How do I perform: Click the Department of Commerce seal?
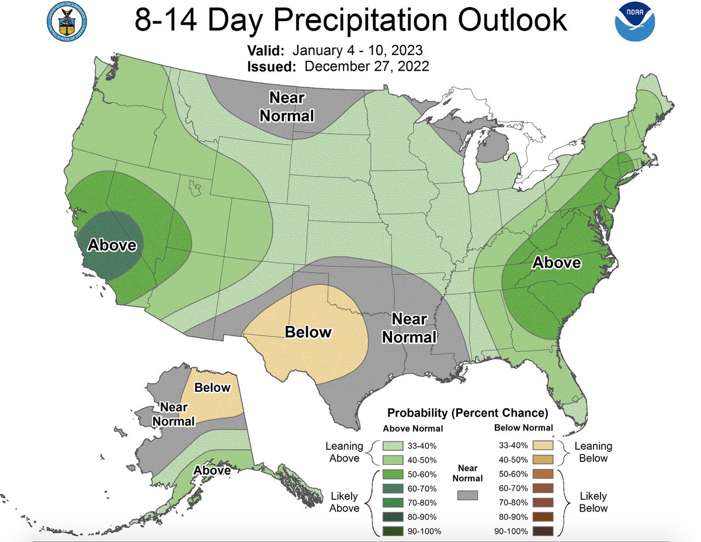(65, 20)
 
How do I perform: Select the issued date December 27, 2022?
(367, 66)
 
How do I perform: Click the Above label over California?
(112, 244)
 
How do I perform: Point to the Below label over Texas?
(308, 332)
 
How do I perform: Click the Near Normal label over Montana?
(286, 106)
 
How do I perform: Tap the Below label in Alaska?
(213, 387)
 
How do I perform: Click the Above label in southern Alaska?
(211, 470)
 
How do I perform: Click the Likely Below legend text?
(593, 502)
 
